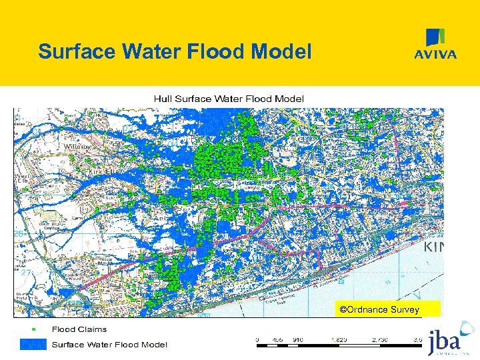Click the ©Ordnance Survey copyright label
tap(379, 309)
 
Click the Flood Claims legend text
tap(79, 330)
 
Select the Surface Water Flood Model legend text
tap(110, 345)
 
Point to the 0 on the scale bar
tap(257, 339)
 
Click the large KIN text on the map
tap(433, 247)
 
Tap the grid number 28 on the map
tap(19, 234)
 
